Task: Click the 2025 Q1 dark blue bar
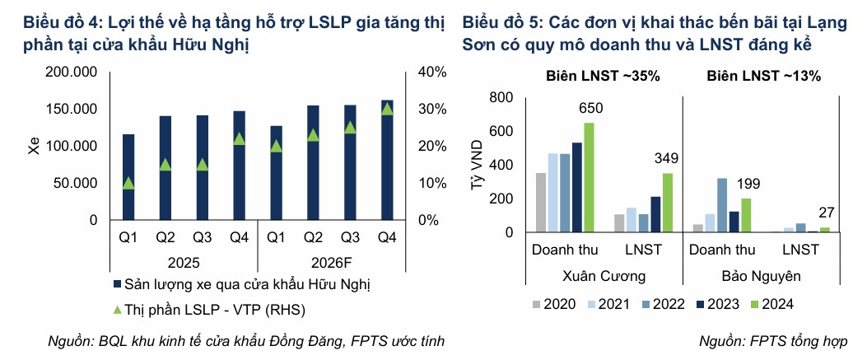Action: (128, 177)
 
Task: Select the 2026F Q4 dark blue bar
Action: (388, 161)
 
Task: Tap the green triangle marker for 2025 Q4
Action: (239, 139)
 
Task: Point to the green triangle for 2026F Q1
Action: (276, 146)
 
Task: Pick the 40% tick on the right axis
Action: (432, 72)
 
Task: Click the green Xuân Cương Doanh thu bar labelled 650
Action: (589, 177)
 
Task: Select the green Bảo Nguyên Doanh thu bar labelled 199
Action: (746, 215)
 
